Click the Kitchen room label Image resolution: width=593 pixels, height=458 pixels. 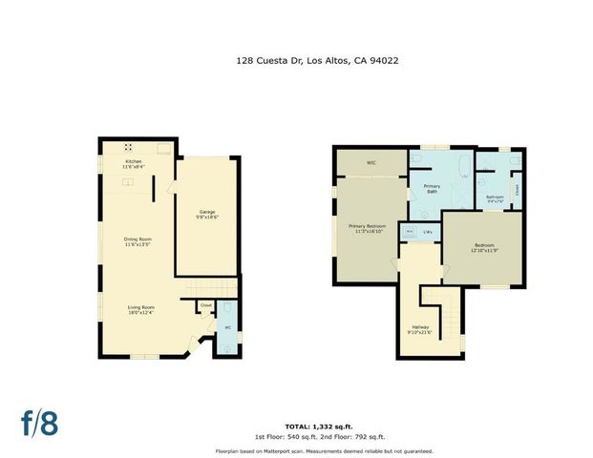pos(133,162)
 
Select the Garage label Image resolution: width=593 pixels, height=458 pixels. pos(207,211)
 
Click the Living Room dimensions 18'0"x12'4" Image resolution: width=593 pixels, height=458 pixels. pos(140,312)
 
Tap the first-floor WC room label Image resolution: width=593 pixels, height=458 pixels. pos(227,329)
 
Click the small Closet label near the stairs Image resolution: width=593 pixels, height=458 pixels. pos(205,305)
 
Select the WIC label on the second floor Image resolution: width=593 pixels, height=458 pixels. pos(371,162)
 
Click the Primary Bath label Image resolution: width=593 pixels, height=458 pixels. pos(432,188)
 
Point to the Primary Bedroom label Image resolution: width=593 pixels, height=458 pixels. pos(367,226)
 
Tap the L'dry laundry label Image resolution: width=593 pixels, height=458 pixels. pos(429,231)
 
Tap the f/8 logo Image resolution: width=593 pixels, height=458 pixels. pos(40,423)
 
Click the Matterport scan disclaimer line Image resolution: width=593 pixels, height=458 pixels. pos(339,450)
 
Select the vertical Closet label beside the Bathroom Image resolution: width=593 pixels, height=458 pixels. pos(516,189)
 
